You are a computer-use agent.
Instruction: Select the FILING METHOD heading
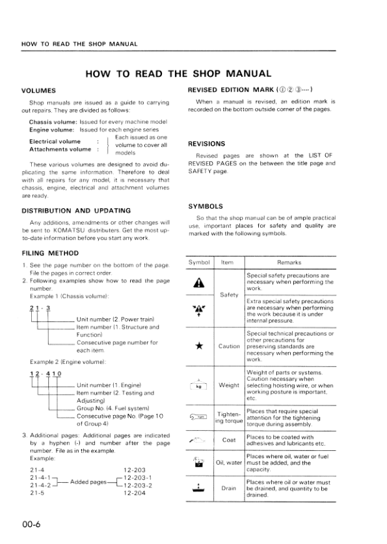[x=50, y=252]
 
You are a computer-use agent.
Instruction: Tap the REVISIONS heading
[x=206, y=143]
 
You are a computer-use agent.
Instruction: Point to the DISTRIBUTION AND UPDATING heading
[x=76, y=211]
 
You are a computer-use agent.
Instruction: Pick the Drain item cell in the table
[x=229, y=488]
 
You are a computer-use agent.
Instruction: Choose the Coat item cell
[x=229, y=440]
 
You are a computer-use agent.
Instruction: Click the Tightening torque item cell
[x=229, y=416]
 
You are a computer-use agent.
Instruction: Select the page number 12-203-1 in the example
[x=137, y=476]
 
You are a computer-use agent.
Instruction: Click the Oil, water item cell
[x=229, y=463]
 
